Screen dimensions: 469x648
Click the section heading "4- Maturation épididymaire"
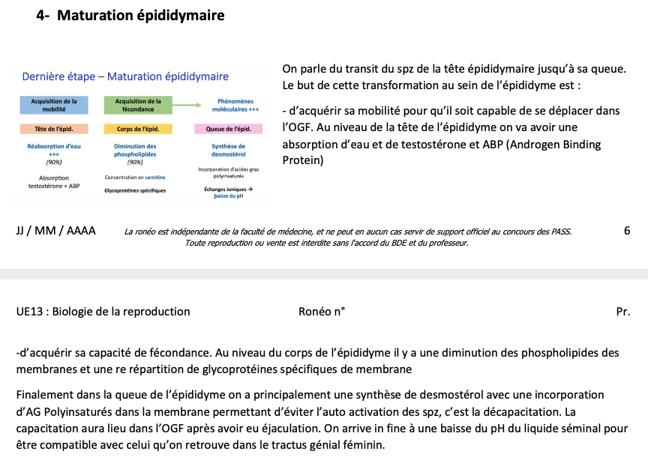click(x=130, y=15)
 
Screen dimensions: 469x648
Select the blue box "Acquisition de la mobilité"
click(x=54, y=105)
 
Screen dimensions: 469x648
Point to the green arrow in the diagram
click(x=186, y=105)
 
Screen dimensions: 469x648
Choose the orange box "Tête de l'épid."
click(x=54, y=129)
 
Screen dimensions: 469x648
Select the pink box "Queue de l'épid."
click(x=228, y=129)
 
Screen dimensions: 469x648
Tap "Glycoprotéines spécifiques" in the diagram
click(x=135, y=190)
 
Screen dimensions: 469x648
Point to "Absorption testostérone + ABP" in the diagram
click(x=53, y=182)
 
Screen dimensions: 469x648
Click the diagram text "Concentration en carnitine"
click(x=135, y=178)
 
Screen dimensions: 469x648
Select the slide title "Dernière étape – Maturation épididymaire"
click(x=125, y=76)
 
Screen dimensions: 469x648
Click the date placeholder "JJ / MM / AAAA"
click(x=55, y=231)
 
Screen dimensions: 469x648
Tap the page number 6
click(x=626, y=231)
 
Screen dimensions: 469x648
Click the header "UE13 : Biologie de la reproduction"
click(x=103, y=312)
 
